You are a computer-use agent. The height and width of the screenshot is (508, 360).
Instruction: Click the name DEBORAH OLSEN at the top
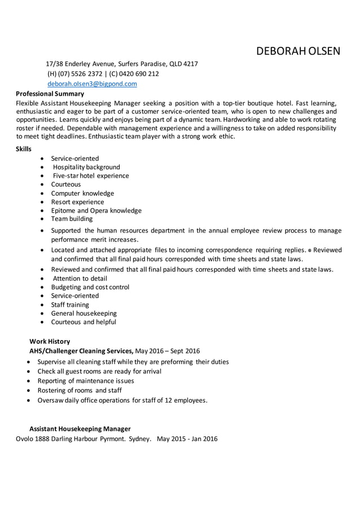[298, 52]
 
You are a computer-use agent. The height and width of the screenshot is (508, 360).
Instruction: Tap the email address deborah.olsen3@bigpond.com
[92, 83]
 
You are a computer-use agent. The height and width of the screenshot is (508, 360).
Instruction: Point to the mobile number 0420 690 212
[139, 74]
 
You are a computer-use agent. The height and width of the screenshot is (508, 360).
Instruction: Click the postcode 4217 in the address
[189, 64]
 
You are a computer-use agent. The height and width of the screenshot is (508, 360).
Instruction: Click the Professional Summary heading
[50, 94]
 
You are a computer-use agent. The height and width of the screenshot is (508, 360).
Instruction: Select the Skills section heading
[24, 149]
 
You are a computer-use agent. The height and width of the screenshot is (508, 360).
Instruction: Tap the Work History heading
[50, 341]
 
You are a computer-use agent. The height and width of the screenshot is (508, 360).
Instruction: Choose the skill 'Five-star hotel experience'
[90, 175]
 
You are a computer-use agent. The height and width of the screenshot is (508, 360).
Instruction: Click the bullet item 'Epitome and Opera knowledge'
[96, 210]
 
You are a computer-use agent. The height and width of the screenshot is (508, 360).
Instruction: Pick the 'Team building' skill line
[72, 219]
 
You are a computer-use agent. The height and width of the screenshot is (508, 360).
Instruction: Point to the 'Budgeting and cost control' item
[90, 287]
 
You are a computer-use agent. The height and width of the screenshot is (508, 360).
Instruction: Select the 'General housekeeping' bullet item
[84, 313]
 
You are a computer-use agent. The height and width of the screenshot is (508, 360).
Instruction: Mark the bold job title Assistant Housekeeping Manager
[80, 429]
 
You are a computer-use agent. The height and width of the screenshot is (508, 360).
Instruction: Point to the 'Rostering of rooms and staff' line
[79, 390]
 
